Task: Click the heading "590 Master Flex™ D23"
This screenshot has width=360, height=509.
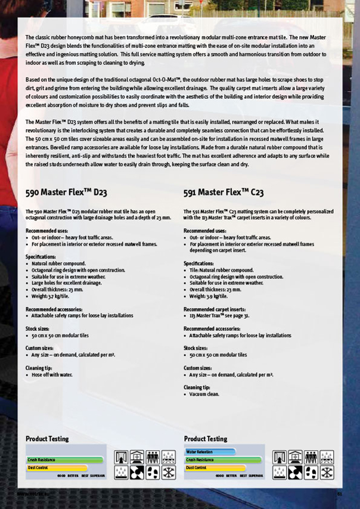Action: (66, 193)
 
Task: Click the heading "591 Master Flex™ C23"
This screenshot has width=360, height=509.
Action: (224, 193)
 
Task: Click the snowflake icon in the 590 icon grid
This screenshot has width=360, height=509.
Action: (168, 473)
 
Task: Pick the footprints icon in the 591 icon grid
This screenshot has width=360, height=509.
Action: (311, 473)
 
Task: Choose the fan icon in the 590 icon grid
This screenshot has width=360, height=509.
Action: (137, 473)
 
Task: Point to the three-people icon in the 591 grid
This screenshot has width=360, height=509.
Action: (311, 457)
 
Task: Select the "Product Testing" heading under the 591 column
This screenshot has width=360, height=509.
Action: (205, 439)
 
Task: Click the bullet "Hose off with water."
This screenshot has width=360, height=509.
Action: (52, 375)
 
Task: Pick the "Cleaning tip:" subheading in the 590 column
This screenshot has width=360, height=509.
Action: (39, 368)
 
